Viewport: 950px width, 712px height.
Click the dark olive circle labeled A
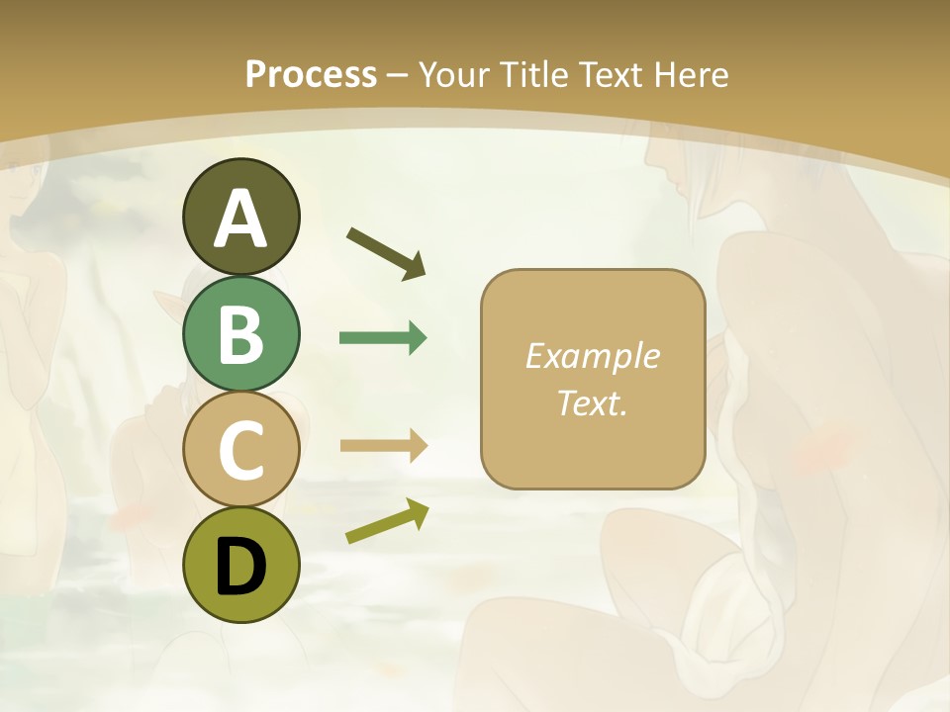[x=240, y=217]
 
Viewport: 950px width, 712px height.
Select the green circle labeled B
[x=240, y=333]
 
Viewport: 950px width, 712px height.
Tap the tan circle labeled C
[x=240, y=449]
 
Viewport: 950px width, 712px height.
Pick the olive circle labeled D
[x=240, y=566]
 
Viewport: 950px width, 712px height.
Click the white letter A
[x=240, y=219]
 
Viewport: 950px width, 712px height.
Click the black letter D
[x=240, y=567]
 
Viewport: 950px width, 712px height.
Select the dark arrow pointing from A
[x=386, y=252]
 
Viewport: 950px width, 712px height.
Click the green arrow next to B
[x=383, y=338]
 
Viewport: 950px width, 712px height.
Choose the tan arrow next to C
[x=383, y=446]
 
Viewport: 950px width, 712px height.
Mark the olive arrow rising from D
[x=387, y=521]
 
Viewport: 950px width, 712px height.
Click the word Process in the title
[x=311, y=74]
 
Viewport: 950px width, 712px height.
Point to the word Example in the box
[x=592, y=356]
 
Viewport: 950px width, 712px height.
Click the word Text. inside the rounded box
[x=592, y=402]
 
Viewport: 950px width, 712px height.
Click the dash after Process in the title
[x=398, y=76]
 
